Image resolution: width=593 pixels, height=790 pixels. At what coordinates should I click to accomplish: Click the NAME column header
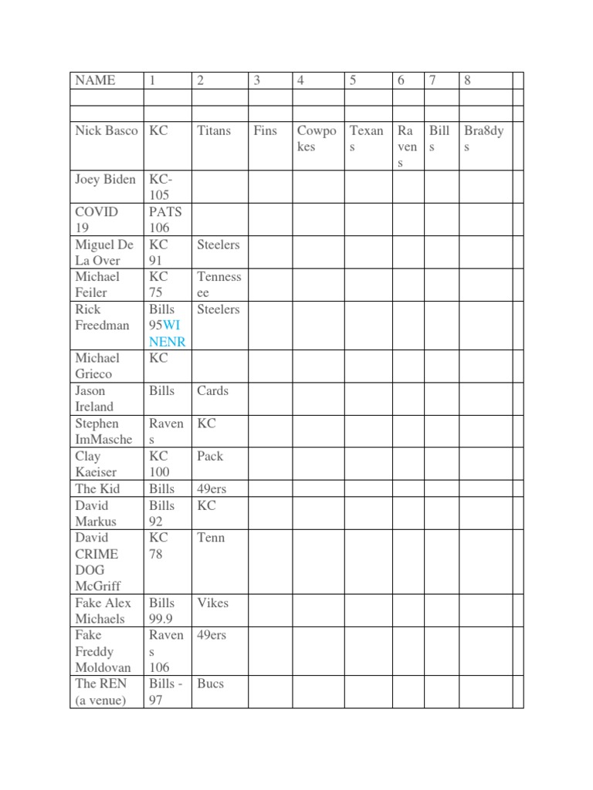click(x=94, y=80)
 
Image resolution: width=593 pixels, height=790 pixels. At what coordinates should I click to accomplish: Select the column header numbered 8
click(x=467, y=80)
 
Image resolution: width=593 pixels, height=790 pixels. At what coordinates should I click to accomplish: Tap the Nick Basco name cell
click(x=107, y=130)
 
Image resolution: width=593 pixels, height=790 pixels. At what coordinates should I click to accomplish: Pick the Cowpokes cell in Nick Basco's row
click(x=317, y=138)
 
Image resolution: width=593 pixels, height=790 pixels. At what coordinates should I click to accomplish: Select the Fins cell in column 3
click(x=265, y=130)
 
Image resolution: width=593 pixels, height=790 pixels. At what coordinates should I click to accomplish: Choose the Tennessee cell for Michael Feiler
click(x=219, y=285)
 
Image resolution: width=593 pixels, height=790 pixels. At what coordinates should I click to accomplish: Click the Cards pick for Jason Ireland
click(x=212, y=390)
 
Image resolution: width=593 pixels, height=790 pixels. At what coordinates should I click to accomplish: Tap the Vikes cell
click(x=212, y=603)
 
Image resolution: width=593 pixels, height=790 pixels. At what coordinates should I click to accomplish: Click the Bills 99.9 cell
click(x=162, y=610)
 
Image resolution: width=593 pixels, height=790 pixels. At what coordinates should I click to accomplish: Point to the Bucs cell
click(x=210, y=684)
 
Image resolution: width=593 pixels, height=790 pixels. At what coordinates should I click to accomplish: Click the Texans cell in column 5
click(x=366, y=138)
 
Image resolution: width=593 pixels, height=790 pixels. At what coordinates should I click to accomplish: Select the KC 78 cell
click(x=159, y=545)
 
